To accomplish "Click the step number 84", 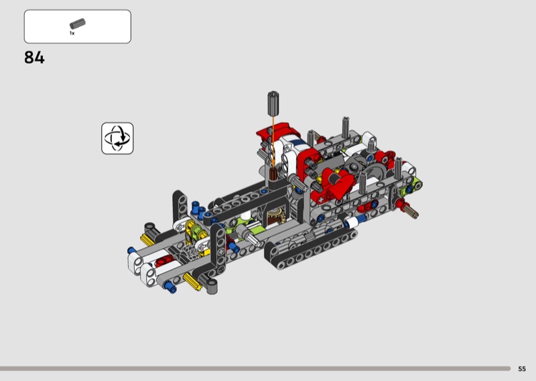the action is (34, 58).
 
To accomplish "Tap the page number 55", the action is (522, 369).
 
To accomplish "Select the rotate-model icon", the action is (117, 138).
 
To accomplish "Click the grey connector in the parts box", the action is (78, 23).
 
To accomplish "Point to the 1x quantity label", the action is (72, 34).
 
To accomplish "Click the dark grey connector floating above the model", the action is (273, 103).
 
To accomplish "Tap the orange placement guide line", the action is (273, 142).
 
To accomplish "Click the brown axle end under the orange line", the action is (273, 174).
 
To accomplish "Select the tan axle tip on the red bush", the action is (412, 211).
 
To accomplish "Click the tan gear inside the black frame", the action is (276, 216).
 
